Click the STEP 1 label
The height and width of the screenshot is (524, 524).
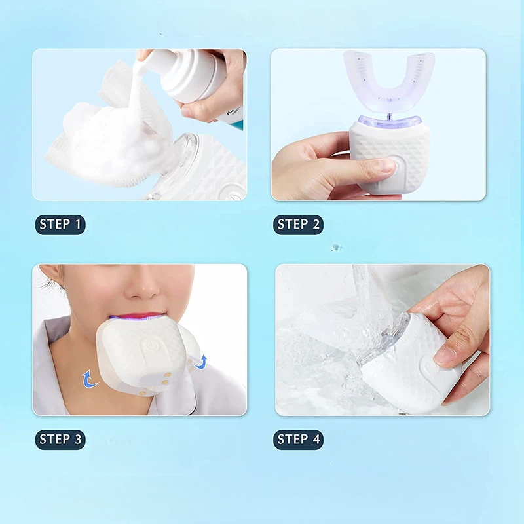(60, 225)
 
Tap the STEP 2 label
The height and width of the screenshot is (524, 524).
(298, 225)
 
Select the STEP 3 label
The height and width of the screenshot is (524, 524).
(60, 440)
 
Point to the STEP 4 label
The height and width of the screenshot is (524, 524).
(298, 440)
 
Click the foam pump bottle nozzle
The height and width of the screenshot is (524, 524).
(145, 58)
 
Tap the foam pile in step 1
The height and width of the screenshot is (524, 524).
(105, 141)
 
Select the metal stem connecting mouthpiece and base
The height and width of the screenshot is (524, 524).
(388, 116)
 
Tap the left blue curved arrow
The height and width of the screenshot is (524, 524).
(88, 378)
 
